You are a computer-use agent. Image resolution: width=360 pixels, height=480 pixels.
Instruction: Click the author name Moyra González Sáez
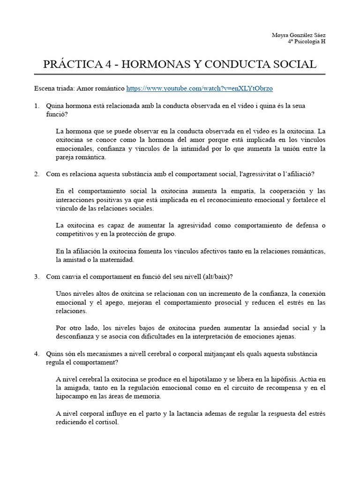click(x=299, y=35)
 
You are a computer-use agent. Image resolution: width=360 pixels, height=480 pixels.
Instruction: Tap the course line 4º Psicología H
click(x=307, y=41)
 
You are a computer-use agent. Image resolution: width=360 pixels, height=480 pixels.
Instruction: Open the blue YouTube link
click(x=200, y=88)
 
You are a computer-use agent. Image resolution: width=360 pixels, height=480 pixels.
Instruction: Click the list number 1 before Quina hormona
click(x=37, y=106)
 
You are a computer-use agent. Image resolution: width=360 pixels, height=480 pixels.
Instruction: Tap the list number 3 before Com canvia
click(x=37, y=277)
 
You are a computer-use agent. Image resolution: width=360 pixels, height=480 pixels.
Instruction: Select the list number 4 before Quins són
click(x=37, y=353)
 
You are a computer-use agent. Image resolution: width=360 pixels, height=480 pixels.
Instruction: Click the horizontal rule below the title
click(x=180, y=75)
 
